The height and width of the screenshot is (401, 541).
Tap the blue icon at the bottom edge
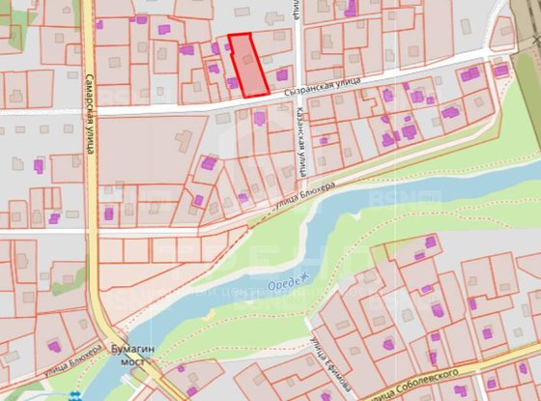click(76, 395)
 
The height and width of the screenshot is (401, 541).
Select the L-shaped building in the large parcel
click(184, 142)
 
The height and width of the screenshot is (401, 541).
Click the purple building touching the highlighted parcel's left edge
click(233, 83)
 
